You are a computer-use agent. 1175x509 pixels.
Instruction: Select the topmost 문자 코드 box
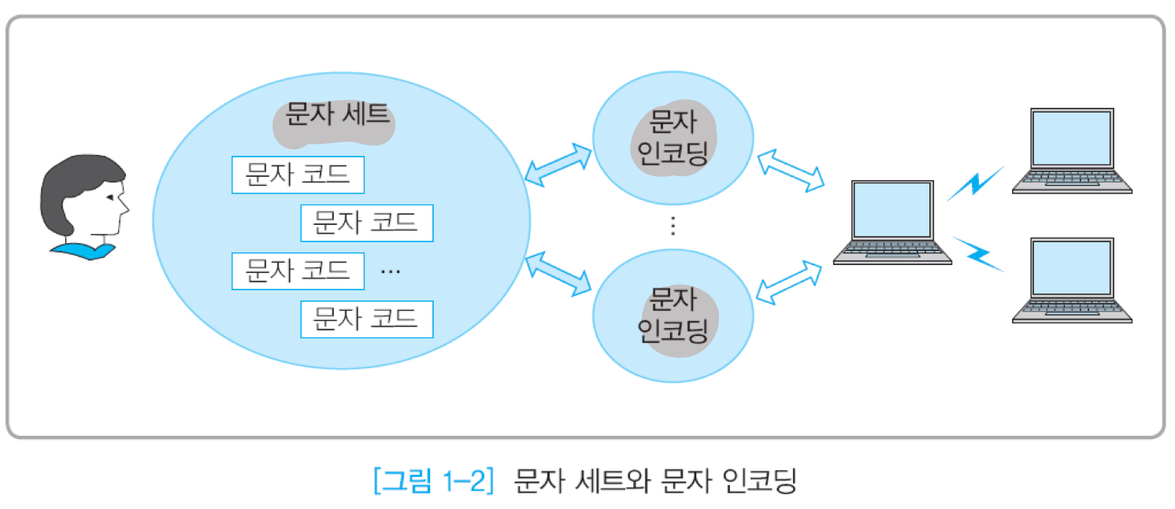click(x=298, y=175)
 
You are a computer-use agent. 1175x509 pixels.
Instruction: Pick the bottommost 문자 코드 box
click(x=366, y=319)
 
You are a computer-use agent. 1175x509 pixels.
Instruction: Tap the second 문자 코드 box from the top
click(x=366, y=223)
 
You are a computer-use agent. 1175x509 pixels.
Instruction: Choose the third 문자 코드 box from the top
click(x=298, y=271)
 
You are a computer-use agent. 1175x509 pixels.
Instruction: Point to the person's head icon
click(x=83, y=197)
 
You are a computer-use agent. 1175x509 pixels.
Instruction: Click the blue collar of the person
click(x=83, y=251)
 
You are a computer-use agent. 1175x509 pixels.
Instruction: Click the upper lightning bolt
click(x=975, y=183)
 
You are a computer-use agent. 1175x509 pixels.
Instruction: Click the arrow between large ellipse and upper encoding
click(x=558, y=164)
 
